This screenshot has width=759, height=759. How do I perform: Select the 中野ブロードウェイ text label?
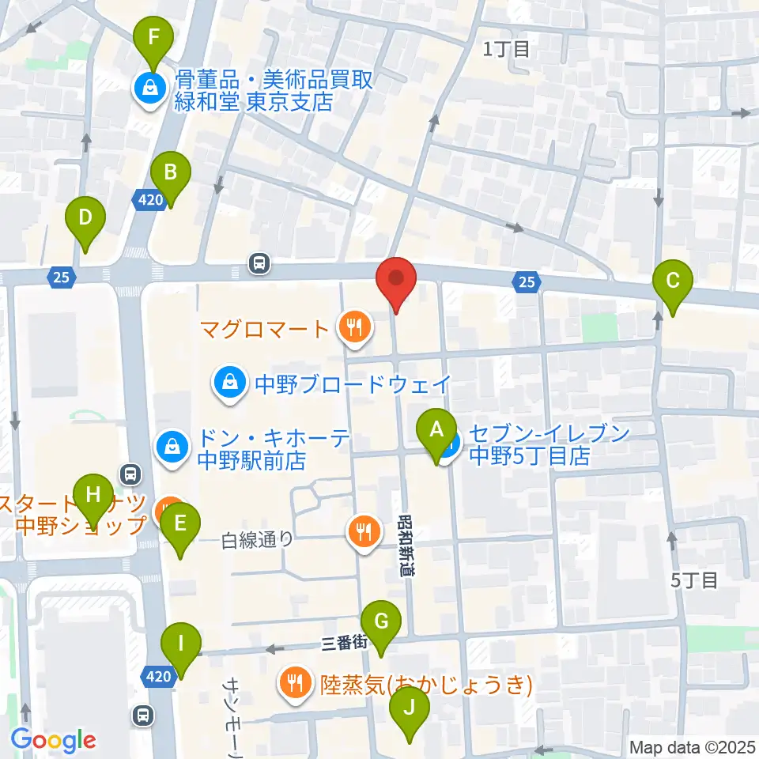353,385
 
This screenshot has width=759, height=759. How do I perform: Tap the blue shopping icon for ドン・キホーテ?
171,447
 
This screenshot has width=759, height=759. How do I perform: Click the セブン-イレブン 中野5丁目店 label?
550,445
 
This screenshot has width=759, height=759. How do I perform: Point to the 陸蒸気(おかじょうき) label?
425,682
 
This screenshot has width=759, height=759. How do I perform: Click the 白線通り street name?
257,540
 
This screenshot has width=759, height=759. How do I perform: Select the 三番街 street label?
346,644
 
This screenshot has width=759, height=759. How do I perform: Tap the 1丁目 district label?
507,50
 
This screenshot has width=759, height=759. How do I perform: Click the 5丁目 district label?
694,580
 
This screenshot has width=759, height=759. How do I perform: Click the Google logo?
54,740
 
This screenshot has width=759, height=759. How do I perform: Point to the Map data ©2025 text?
692,746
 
